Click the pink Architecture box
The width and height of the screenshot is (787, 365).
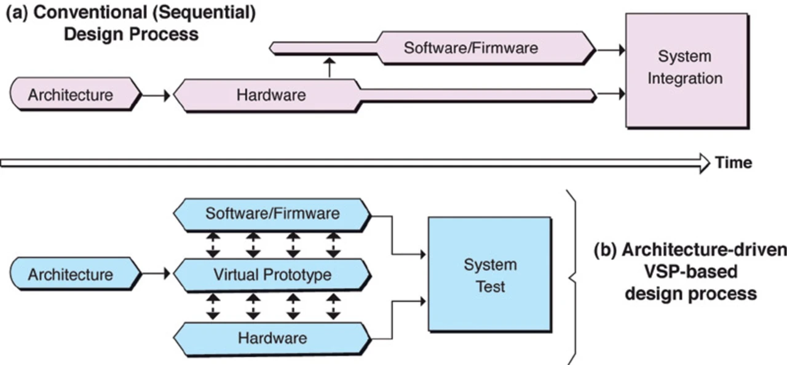[71, 95]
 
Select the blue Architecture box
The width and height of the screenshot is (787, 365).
[71, 274]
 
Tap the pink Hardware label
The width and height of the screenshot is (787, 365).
[271, 95]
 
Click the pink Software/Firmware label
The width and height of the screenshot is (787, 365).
[470, 48]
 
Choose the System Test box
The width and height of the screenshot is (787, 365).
[490, 275]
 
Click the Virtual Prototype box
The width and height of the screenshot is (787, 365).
[272, 275]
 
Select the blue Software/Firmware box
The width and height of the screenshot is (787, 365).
[272, 214]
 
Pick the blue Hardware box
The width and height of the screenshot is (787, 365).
[272, 337]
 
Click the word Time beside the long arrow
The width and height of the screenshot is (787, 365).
[734, 163]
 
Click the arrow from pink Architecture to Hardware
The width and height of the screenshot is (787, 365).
[156, 95]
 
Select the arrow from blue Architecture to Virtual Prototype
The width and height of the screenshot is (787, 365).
[156, 274]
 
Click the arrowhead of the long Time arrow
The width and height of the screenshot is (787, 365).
[703, 163]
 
